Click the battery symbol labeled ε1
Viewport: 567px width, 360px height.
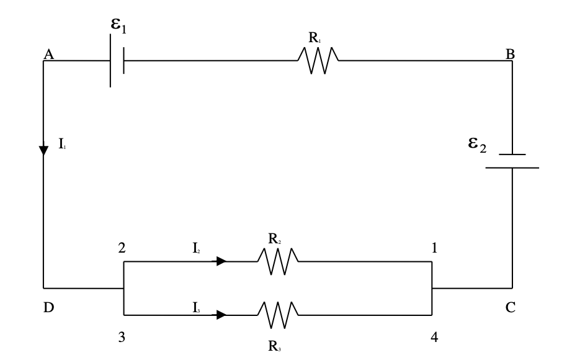pyautogui.click(x=117, y=61)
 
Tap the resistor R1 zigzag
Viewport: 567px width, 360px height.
pyautogui.click(x=318, y=61)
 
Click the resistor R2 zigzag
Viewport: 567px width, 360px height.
pyautogui.click(x=278, y=261)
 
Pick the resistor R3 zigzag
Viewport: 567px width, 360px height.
pyautogui.click(x=278, y=315)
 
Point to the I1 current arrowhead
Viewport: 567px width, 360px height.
pyautogui.click(x=43, y=151)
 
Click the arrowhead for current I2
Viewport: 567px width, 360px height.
pyautogui.click(x=221, y=261)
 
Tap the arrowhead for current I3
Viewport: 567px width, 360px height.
pyautogui.click(x=221, y=315)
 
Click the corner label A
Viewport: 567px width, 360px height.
pyautogui.click(x=48, y=55)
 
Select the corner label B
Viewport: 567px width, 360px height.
pyautogui.click(x=510, y=55)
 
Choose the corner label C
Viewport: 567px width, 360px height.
pyautogui.click(x=510, y=308)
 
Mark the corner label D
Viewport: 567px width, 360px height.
pyautogui.click(x=48, y=308)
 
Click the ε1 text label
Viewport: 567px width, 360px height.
pyautogui.click(x=118, y=27)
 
